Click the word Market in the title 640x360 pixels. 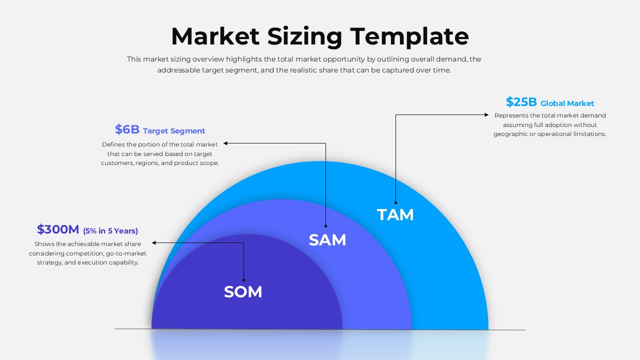(x=215, y=36)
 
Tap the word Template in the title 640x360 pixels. (x=409, y=36)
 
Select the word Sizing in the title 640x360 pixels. (x=304, y=36)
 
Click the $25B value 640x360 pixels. (x=521, y=102)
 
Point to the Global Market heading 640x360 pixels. (x=567, y=103)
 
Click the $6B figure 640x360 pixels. (x=127, y=130)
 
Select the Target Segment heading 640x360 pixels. (x=174, y=131)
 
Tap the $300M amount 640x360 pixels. (x=58, y=230)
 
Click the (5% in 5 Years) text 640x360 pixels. (x=110, y=231)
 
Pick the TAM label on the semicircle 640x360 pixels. (x=395, y=215)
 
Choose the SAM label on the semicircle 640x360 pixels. (x=327, y=240)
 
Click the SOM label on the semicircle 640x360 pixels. (x=243, y=292)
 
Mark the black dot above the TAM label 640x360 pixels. (x=396, y=202)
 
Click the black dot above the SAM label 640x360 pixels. (x=325, y=226)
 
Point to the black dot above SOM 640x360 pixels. (x=244, y=279)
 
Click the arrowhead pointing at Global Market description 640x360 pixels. (x=486, y=115)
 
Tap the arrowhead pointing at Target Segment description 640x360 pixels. (x=225, y=143)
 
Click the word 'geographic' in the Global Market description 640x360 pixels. (x=510, y=134)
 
